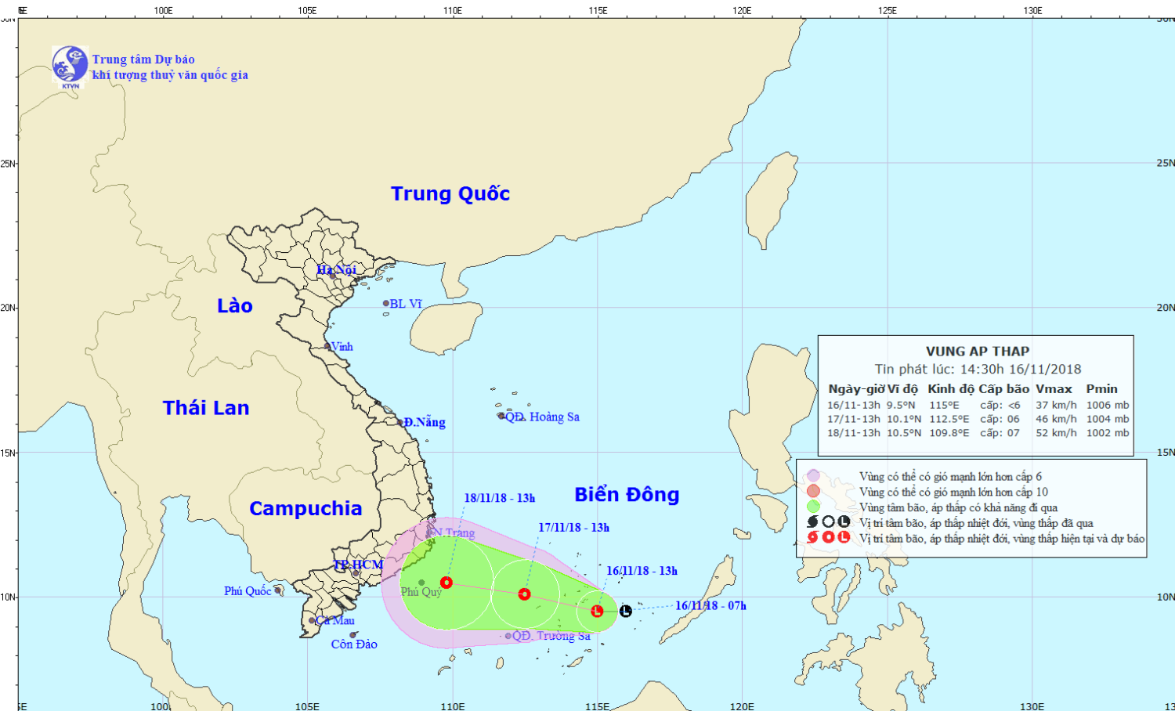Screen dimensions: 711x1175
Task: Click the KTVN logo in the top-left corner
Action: tap(70, 65)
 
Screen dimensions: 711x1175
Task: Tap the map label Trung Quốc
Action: tap(450, 193)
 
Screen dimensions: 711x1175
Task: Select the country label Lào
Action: tap(235, 306)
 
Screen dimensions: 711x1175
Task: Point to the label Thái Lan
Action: tap(206, 408)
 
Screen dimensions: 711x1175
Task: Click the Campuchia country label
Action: tap(305, 509)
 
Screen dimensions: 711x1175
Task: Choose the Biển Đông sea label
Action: tap(627, 495)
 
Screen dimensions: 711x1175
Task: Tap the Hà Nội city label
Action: tap(337, 270)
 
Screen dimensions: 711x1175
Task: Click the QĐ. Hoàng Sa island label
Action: tap(542, 417)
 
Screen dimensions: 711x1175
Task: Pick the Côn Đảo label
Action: tap(354, 644)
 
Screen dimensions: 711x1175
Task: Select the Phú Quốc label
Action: tap(248, 591)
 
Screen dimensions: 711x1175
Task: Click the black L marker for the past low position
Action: tap(625, 611)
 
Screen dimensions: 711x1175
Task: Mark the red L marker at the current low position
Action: tap(597, 611)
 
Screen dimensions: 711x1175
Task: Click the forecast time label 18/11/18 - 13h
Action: tap(500, 498)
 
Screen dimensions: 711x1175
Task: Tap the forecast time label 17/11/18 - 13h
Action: tap(573, 528)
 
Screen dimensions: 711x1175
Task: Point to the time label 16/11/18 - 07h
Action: tap(710, 605)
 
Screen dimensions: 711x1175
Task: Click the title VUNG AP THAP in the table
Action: tap(978, 352)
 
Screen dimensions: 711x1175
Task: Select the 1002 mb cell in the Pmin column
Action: tap(1108, 433)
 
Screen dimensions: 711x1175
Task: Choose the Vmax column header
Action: tap(1054, 389)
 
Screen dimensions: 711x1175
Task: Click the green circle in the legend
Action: tap(813, 507)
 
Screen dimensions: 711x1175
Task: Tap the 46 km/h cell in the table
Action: tap(1056, 419)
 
